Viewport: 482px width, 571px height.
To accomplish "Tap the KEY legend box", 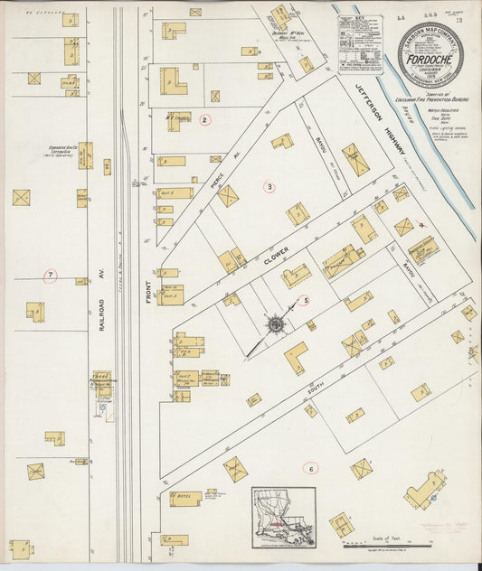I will pyautogui.click(x=359, y=43).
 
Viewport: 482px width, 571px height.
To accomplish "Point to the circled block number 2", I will pyautogui.click(x=205, y=119).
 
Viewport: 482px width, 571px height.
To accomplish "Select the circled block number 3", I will pyautogui.click(x=269, y=187).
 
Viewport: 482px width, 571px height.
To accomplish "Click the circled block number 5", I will pyautogui.click(x=305, y=301).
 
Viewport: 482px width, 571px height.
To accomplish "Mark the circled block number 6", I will pyautogui.click(x=310, y=468).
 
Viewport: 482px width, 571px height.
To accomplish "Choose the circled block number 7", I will pyautogui.click(x=51, y=275).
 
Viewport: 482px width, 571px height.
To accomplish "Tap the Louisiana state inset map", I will pyautogui.click(x=284, y=519).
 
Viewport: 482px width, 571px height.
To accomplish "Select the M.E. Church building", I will pyautogui.click(x=177, y=118).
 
